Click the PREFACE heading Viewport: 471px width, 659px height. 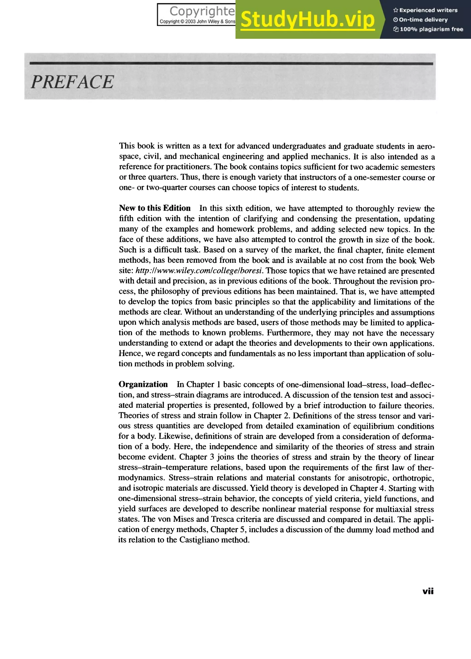(x=72, y=82)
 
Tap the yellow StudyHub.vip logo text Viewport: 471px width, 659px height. (x=307, y=20)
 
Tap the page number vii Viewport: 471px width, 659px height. (x=428, y=591)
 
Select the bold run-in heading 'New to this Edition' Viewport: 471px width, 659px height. (x=155, y=208)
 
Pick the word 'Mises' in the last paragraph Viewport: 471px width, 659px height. (x=183, y=519)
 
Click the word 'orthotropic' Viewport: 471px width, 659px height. (x=413, y=477)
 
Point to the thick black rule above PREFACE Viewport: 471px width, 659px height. (x=231, y=63)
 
